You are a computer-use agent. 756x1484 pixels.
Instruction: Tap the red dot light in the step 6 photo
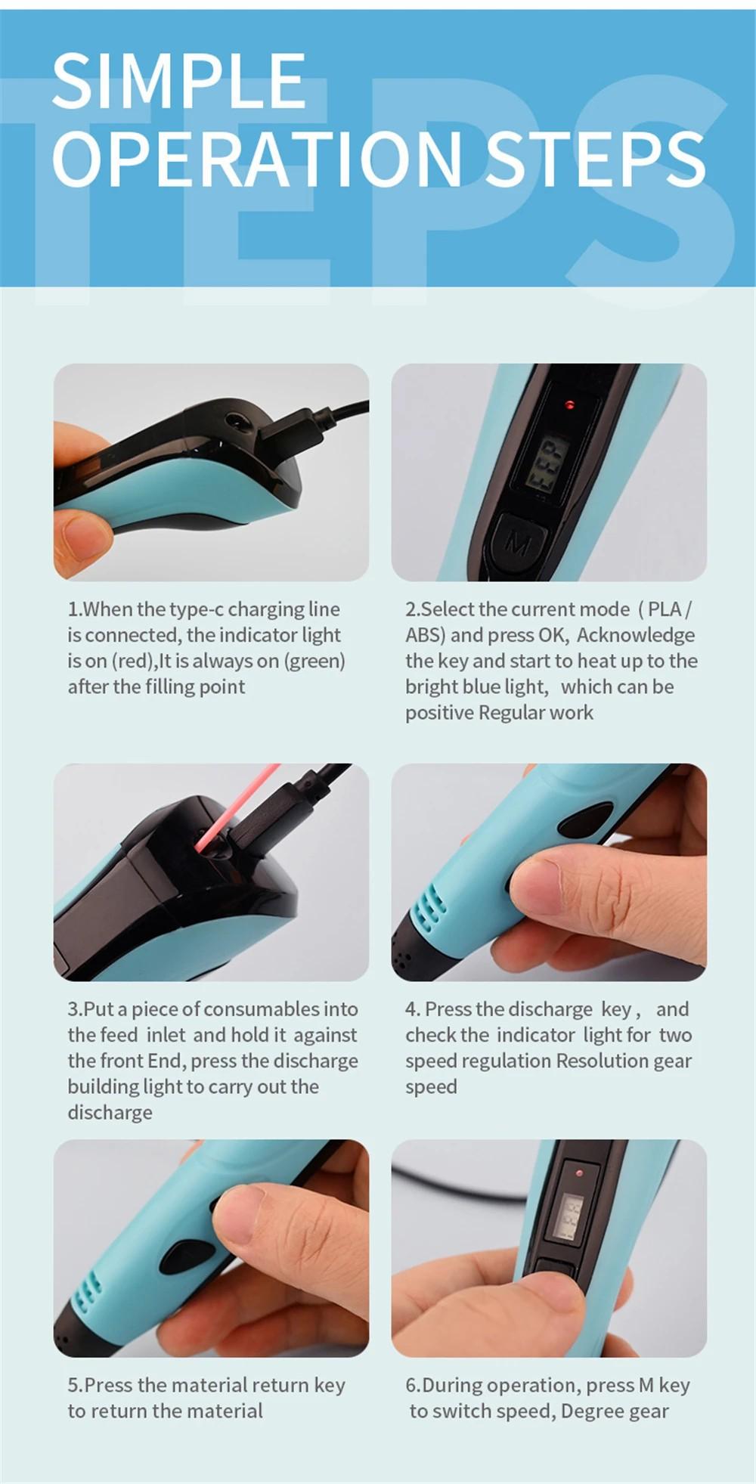(x=579, y=1173)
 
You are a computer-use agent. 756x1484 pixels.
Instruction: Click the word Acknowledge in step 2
(x=636, y=635)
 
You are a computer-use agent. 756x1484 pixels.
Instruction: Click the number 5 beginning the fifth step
(x=73, y=1385)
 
